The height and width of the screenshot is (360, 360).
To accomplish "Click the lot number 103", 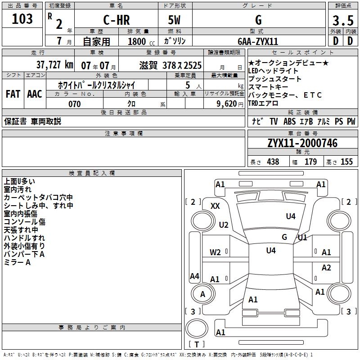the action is coord(22,19).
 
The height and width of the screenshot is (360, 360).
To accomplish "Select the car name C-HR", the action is coord(116,20).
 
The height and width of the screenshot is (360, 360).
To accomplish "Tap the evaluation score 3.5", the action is coord(342,20).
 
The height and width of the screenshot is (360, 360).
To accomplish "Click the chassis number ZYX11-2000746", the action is coord(302,143).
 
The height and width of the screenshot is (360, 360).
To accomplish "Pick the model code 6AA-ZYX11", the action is coord(258,41).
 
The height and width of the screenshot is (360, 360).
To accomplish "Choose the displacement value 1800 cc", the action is coord(137,42).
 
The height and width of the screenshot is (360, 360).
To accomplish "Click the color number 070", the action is coord(74,104).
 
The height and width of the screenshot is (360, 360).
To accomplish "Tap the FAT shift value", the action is coord(13,94).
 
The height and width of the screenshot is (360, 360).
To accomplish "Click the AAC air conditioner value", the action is coord(34,94).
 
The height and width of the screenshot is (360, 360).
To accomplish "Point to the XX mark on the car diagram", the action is coord(216,206).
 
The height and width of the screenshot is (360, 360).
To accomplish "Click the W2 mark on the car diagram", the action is coord(216,252).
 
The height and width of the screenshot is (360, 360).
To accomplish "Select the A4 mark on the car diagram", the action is coord(194,276).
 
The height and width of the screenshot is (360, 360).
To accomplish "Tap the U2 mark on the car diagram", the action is coord(224,225).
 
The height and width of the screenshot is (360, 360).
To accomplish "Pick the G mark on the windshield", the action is coord(284,237).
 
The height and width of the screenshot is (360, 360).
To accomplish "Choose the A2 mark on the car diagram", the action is coord(326,268).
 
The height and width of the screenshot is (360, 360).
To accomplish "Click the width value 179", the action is coord(311,162).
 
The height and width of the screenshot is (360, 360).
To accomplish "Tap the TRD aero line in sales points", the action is coord(263,103).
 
